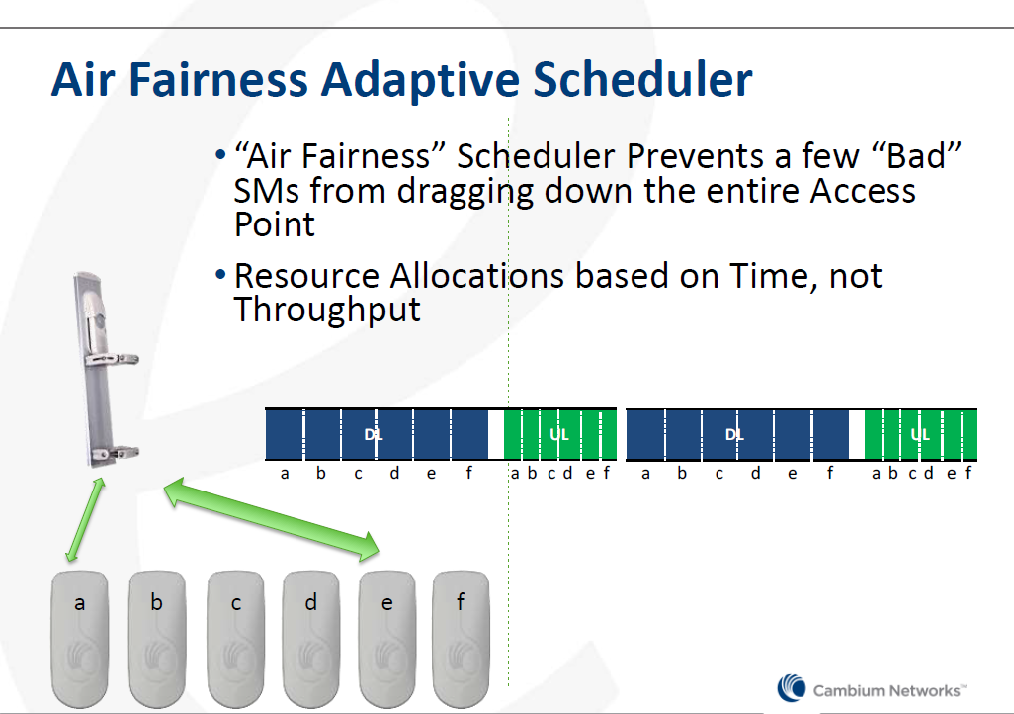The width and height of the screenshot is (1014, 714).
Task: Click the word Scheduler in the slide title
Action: (x=642, y=80)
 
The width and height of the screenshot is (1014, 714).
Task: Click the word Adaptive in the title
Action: (x=420, y=81)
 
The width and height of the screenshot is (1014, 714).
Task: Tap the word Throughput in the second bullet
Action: (x=327, y=311)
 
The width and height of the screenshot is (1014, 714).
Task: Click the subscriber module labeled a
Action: (x=79, y=639)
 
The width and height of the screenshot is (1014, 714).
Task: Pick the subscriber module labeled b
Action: (x=157, y=639)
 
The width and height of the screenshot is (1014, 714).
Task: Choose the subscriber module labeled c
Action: (x=235, y=639)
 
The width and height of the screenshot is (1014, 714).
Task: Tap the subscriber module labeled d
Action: (x=311, y=639)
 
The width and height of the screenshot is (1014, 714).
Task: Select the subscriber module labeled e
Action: (x=387, y=639)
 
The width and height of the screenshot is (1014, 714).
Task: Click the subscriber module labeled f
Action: (x=461, y=639)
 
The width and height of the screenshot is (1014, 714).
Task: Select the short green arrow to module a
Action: (x=85, y=520)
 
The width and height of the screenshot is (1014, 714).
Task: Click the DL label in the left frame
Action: (x=374, y=434)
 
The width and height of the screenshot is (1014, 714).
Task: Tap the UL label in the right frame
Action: (x=920, y=434)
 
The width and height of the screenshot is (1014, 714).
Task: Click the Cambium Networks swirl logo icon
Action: (x=792, y=688)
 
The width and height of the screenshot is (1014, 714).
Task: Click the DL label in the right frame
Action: (x=734, y=434)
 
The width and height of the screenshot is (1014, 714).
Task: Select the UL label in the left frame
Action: (x=559, y=434)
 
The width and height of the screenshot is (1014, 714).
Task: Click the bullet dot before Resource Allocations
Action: (x=220, y=275)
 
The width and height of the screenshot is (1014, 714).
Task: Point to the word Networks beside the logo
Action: (x=924, y=690)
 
